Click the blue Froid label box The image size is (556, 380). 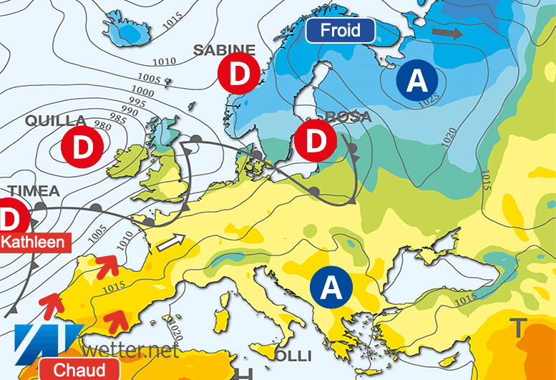pos(340,31)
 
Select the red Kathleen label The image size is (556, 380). pos(35,241)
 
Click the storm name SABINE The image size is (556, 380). pos(225,49)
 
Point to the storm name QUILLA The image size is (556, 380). pos(56,120)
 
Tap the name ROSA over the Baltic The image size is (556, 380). pos(348,117)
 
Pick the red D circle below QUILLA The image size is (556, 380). pos(83,147)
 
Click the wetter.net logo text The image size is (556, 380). pos(131,351)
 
